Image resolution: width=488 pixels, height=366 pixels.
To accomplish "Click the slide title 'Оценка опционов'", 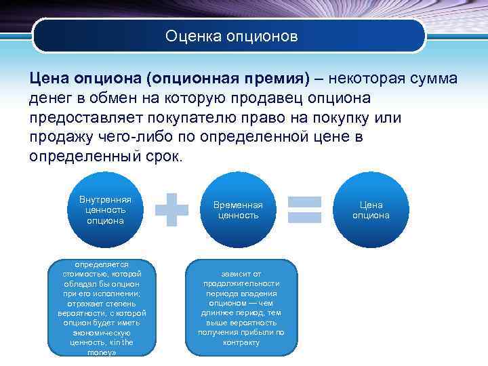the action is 231,35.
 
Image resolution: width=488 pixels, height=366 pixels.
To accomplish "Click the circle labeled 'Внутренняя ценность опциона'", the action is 105,209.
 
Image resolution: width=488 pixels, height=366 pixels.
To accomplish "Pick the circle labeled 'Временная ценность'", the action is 238,209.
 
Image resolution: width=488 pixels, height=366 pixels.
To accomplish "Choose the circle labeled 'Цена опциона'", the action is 371,209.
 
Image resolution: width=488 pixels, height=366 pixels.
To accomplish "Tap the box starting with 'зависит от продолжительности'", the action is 241,308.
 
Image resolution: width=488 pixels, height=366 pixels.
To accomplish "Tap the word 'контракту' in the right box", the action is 241,342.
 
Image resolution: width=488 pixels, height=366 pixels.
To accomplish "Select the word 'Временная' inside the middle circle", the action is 238,204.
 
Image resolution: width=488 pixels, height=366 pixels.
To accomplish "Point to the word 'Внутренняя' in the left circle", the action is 105,200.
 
